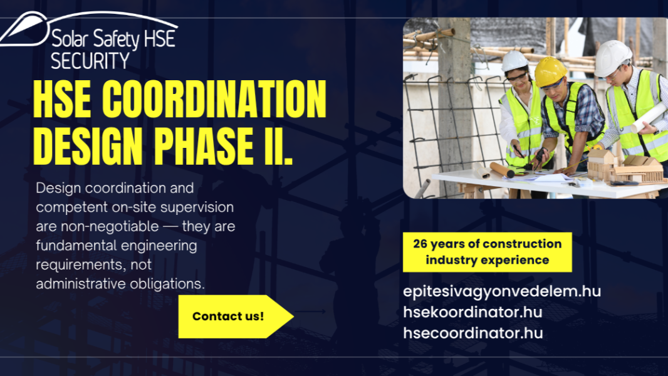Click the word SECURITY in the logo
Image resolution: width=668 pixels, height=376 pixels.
(x=90, y=60)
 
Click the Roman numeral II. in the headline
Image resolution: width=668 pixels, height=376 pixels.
(x=279, y=145)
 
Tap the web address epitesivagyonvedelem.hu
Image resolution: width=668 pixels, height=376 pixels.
(x=502, y=291)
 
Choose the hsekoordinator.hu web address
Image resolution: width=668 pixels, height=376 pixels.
(x=472, y=312)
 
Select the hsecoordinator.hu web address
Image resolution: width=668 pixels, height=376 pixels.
(x=473, y=333)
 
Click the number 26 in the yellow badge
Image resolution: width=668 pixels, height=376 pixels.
(x=420, y=244)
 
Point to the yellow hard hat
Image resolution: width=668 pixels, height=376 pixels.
(x=550, y=71)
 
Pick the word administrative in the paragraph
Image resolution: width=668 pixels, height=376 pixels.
(x=81, y=284)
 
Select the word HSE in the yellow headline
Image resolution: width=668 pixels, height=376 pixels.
(x=62, y=99)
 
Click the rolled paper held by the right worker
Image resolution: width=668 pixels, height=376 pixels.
(x=648, y=118)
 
